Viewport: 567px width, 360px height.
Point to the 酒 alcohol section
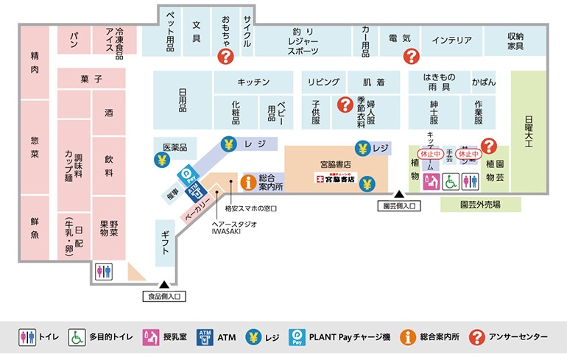pyautogui.click(x=109, y=113)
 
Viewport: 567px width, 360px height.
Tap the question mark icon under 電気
pyautogui.click(x=411, y=56)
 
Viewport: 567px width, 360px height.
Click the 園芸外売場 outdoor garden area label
pyautogui.click(x=480, y=205)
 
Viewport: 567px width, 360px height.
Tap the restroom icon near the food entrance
pyautogui.click(x=104, y=271)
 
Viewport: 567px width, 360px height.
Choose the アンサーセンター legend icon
pyautogui.click(x=476, y=337)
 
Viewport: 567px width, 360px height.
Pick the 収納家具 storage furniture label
pyautogui.click(x=515, y=41)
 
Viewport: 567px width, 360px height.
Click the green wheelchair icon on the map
pyautogui.click(x=451, y=180)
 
